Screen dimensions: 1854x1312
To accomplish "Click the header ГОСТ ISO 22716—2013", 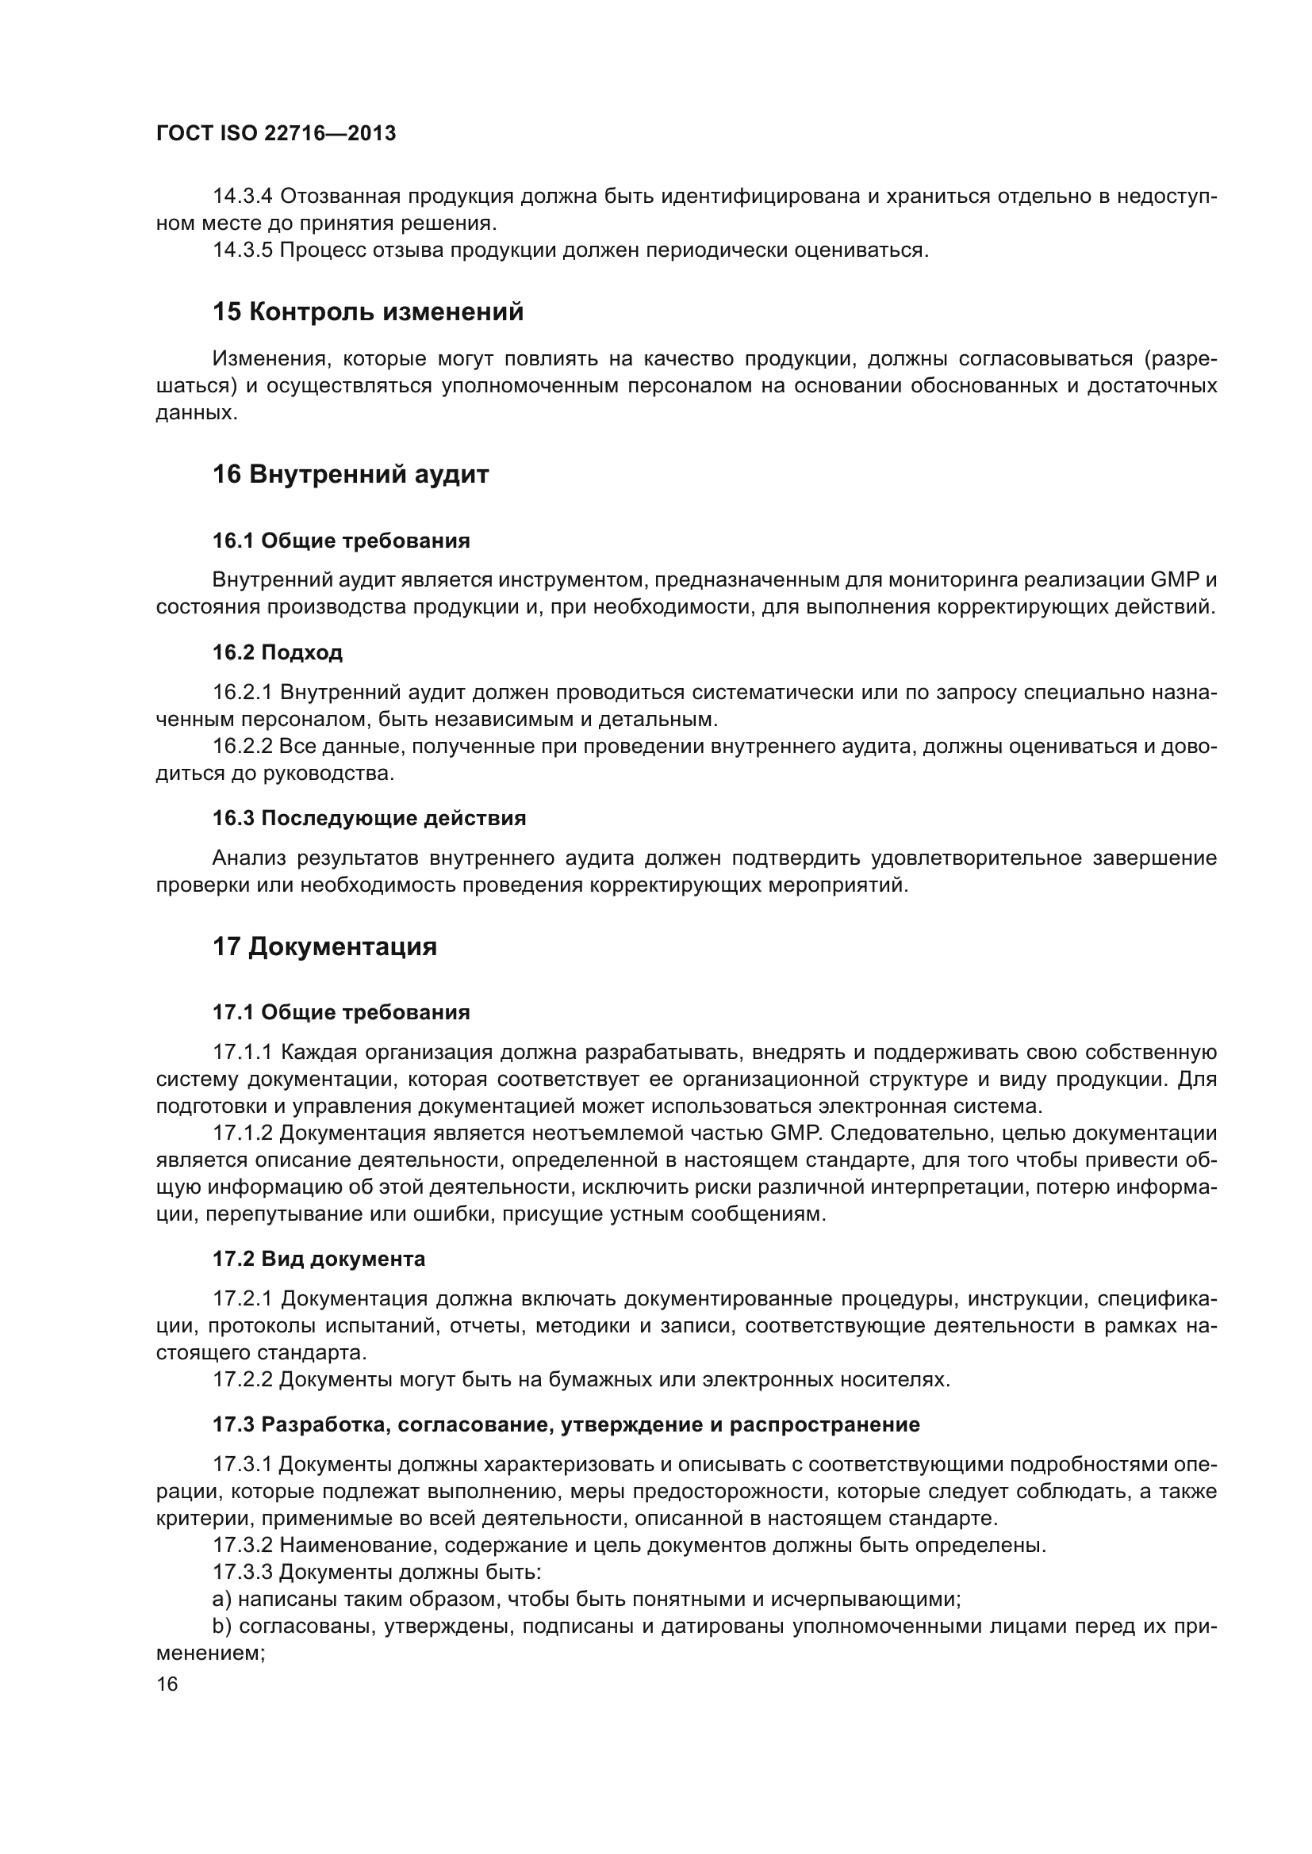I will pos(275,134).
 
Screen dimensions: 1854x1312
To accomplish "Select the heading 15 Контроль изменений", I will pos(367,312).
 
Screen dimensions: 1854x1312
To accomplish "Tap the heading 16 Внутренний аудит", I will pos(351,474).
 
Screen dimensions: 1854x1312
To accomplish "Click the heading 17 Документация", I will pos(324,946).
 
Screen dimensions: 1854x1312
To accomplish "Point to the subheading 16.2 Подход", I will pos(277,652).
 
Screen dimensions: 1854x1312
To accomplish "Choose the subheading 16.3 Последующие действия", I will pos(369,818).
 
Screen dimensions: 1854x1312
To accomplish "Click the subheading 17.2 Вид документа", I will pos(318,1259).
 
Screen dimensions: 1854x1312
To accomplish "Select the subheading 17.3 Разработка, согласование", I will pos(566,1424).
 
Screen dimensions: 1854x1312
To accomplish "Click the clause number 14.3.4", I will pos(243,197).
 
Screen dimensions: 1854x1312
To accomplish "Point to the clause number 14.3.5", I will pos(243,250).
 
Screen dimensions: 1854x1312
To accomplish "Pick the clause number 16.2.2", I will pos(243,746).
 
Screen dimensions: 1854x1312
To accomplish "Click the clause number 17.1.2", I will pos(243,1133).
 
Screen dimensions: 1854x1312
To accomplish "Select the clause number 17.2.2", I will pos(243,1379).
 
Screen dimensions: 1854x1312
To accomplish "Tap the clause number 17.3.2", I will pos(243,1546).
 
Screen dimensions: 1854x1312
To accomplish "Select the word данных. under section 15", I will pos(196,414).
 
